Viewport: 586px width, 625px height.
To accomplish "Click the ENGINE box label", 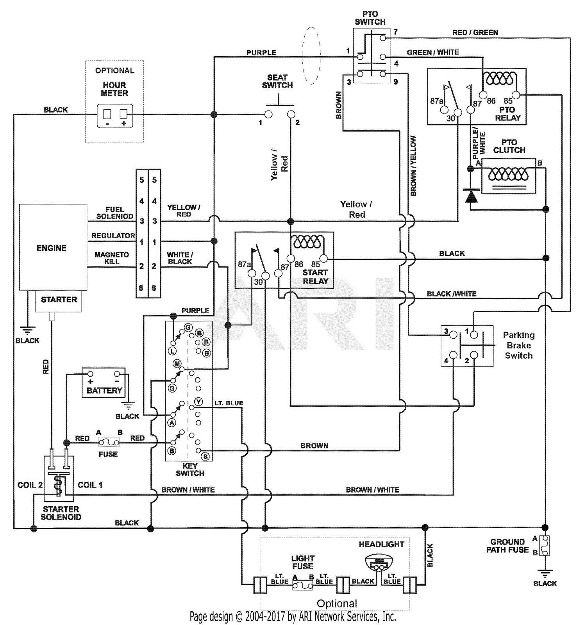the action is [x=51, y=248].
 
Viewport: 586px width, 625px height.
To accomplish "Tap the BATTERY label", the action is [x=104, y=390].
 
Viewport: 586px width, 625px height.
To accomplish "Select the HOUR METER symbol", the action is [x=114, y=116].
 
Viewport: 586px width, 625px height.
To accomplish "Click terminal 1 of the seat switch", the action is [x=268, y=114].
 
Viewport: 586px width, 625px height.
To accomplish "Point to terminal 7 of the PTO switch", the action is [x=383, y=38].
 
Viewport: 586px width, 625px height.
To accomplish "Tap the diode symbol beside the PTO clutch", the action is [x=471, y=196].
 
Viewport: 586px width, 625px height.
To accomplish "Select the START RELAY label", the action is [x=315, y=277].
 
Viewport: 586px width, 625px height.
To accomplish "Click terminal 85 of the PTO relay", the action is [x=516, y=95].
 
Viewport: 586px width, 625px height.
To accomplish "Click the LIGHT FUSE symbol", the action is [x=303, y=585].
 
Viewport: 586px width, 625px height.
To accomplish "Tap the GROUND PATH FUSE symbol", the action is [x=545, y=545].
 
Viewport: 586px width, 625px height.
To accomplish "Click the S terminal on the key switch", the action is [x=205, y=456].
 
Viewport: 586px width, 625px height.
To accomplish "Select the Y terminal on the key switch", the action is [x=198, y=402].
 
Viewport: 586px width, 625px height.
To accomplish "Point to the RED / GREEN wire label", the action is [x=475, y=32].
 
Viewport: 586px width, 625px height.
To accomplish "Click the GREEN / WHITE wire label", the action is [x=433, y=52].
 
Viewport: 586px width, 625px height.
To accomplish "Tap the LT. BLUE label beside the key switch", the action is [x=229, y=403].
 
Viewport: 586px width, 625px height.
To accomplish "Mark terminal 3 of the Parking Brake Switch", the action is [x=453, y=335].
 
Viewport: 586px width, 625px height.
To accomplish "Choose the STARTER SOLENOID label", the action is [x=61, y=513].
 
